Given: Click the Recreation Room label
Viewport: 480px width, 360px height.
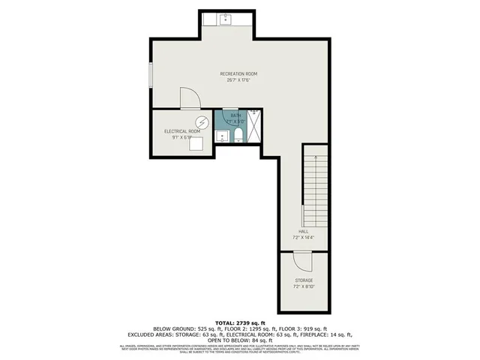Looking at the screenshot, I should click(x=238, y=73).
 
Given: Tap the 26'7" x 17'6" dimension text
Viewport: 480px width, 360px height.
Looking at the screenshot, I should click(x=238, y=80).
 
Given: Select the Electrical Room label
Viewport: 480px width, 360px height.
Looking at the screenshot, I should click(x=182, y=131).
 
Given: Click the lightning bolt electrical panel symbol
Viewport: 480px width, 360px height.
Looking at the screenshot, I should click(x=201, y=122).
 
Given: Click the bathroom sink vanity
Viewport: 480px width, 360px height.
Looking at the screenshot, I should click(x=222, y=136).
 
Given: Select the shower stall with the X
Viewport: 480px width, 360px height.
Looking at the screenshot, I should click(x=254, y=126).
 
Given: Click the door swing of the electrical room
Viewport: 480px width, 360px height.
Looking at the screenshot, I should click(x=190, y=99).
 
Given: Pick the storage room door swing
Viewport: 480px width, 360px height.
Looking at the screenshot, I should click(x=302, y=260).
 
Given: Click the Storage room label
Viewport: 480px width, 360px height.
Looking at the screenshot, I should click(x=303, y=280).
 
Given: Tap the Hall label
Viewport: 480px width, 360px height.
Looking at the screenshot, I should click(x=304, y=232).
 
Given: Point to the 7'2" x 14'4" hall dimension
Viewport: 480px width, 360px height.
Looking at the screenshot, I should click(x=304, y=238).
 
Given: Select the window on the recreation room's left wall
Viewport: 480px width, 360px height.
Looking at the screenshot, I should click(x=151, y=74).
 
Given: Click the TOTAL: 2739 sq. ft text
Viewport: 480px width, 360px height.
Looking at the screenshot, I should click(x=239, y=322).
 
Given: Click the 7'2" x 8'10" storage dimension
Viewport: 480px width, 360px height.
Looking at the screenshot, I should click(x=303, y=286).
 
